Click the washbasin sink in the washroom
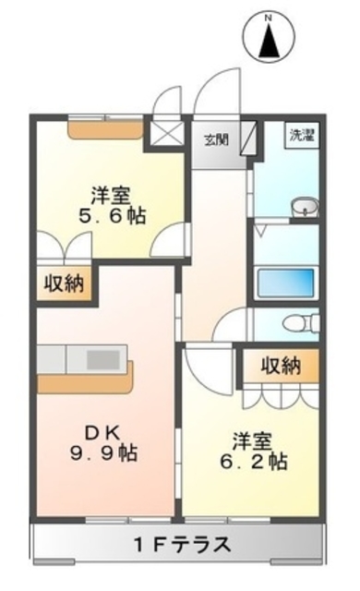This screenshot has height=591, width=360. (303, 208)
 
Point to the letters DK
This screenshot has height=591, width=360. (103, 430)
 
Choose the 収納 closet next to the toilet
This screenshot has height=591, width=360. (280, 366)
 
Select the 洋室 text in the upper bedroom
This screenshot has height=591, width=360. (109, 196)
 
